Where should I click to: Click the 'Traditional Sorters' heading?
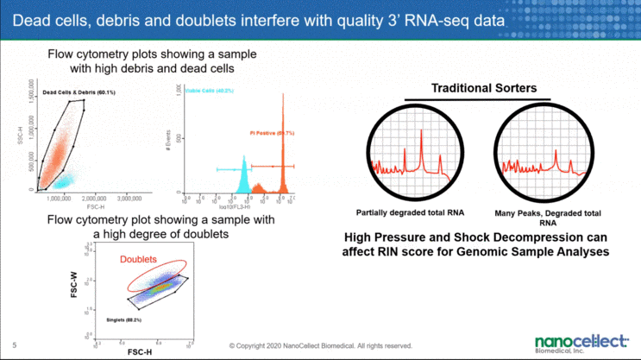(x=484, y=88)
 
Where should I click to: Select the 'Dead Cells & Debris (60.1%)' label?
(x=79, y=92)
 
